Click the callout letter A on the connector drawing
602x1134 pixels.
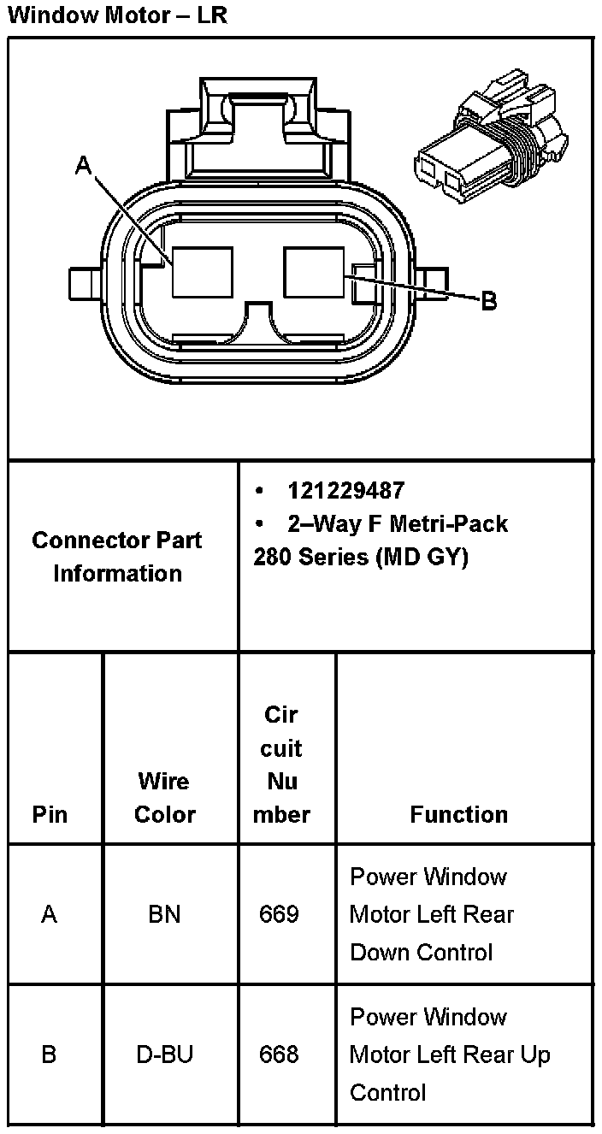pyautogui.click(x=83, y=165)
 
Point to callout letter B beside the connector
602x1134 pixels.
pyautogui.click(x=488, y=301)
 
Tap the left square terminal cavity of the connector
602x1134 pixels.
pyautogui.click(x=202, y=272)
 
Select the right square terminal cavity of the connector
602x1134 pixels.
pyautogui.click(x=314, y=272)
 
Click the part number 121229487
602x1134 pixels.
pyautogui.click(x=345, y=491)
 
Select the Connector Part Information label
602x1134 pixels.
pyautogui.click(x=117, y=557)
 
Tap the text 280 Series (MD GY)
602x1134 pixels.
pyautogui.click(x=361, y=558)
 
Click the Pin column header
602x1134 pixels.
pyautogui.click(x=50, y=814)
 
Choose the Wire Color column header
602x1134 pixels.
pyautogui.click(x=165, y=797)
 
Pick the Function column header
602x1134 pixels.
pyautogui.click(x=458, y=814)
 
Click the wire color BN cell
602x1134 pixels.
pyautogui.click(x=164, y=914)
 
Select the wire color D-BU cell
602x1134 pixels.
pyautogui.click(x=164, y=1054)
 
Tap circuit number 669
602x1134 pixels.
pyautogui.click(x=279, y=914)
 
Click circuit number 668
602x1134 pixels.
pyautogui.click(x=279, y=1054)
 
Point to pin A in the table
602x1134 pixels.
pyautogui.click(x=49, y=914)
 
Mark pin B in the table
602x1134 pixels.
pyautogui.click(x=49, y=1054)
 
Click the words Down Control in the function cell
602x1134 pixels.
pyautogui.click(x=422, y=952)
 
